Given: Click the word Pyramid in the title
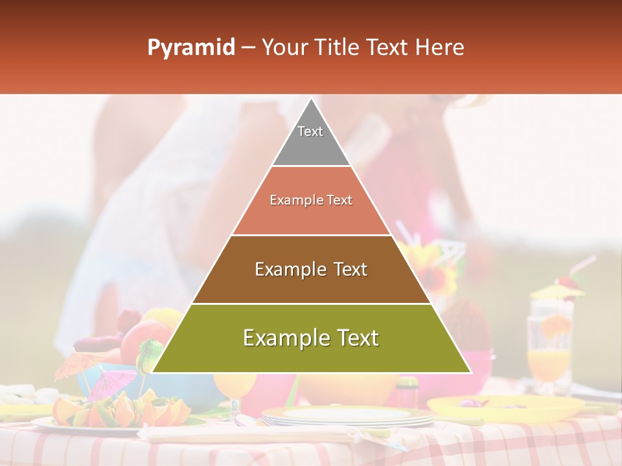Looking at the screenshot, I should pos(190,48).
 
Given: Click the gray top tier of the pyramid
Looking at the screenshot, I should pos(311,146).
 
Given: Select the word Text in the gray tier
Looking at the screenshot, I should pos(310,131).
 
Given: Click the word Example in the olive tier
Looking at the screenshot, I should pos(282,338).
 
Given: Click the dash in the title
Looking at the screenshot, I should pos(248,48).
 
